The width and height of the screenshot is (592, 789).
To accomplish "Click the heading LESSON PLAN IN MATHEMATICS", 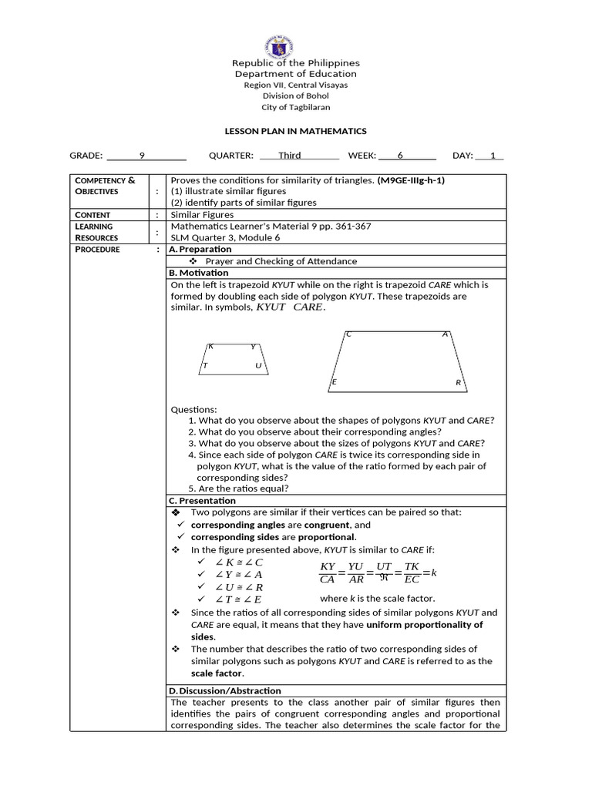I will [x=296, y=132].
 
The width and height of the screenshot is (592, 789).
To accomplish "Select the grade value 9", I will [x=142, y=156].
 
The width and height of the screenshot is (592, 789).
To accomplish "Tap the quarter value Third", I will [x=290, y=156].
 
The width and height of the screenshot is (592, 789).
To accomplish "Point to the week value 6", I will [x=400, y=156].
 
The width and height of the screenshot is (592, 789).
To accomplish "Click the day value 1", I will [x=493, y=156].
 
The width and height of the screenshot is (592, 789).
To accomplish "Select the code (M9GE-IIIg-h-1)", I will [x=411, y=180].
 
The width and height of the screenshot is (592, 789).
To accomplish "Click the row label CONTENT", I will [x=92, y=215].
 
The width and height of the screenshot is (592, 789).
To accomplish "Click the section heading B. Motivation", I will [x=198, y=273].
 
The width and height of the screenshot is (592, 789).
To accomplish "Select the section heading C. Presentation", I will [x=202, y=501].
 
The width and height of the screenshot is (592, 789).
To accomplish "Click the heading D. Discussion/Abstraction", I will [x=224, y=690].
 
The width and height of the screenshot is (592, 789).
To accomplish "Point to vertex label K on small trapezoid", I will [x=210, y=347].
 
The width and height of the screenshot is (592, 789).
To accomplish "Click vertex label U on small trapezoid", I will [x=258, y=366].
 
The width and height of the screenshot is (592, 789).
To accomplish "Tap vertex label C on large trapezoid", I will [x=349, y=334].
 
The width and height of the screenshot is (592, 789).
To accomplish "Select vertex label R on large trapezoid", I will [x=458, y=382].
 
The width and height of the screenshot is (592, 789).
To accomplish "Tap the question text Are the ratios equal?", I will [x=243, y=489].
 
